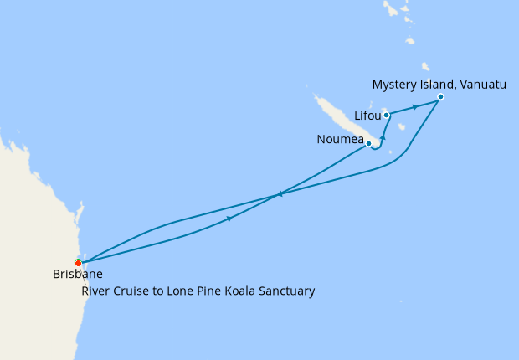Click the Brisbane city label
(78, 274)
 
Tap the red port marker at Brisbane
(78, 263)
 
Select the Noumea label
(340, 139)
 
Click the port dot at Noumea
(368, 143)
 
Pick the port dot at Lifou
(386, 115)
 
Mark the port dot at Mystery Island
(440, 97)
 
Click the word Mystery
(394, 85)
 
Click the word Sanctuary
(285, 291)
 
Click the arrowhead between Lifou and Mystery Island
(414, 107)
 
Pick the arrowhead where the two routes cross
(279, 195)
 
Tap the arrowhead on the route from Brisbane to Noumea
(229, 219)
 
